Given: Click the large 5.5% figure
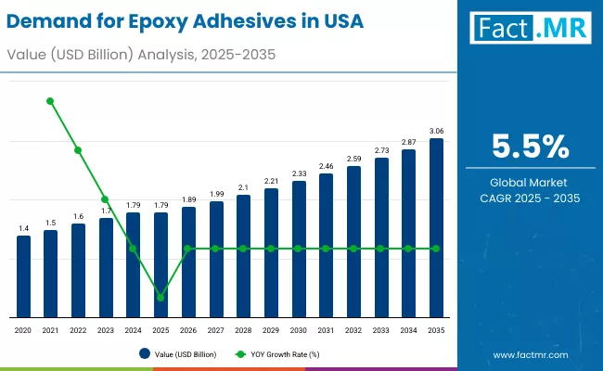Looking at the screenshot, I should pos(530,147).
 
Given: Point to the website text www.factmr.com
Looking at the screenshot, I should pos(530,354).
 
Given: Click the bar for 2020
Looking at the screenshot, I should pos(23,275).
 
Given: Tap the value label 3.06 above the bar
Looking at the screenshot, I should pos(436,131).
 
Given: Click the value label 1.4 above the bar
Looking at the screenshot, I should pos(23,227).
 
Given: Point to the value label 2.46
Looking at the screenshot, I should pos(326,166).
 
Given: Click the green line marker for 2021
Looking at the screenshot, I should pos(50,101).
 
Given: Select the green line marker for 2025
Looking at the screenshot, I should pos(160,298).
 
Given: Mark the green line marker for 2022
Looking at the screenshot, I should pos(78,150).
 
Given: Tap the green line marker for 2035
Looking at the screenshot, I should pos(436,249).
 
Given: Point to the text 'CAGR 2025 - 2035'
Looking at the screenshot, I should pos(530,198).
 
